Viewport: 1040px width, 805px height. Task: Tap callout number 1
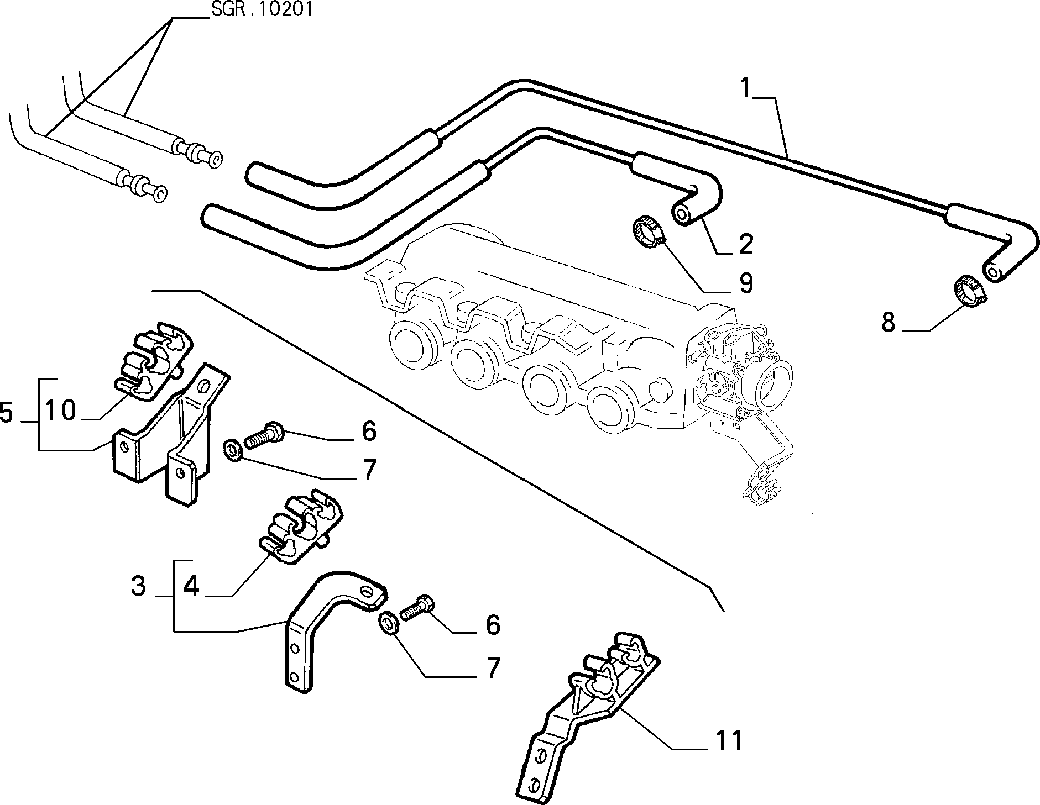coord(746,88)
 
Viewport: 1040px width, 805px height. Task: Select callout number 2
coord(746,244)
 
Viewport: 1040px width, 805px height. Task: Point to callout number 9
coord(746,283)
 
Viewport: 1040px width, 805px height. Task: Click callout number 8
coord(888,322)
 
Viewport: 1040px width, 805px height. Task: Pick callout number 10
coord(60,411)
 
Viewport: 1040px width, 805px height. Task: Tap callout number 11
coord(728,740)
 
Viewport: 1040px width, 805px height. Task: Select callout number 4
coord(191,586)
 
